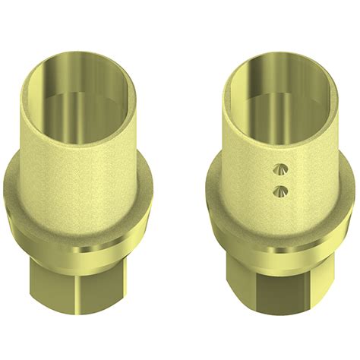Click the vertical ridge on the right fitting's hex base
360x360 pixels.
(261, 300)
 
